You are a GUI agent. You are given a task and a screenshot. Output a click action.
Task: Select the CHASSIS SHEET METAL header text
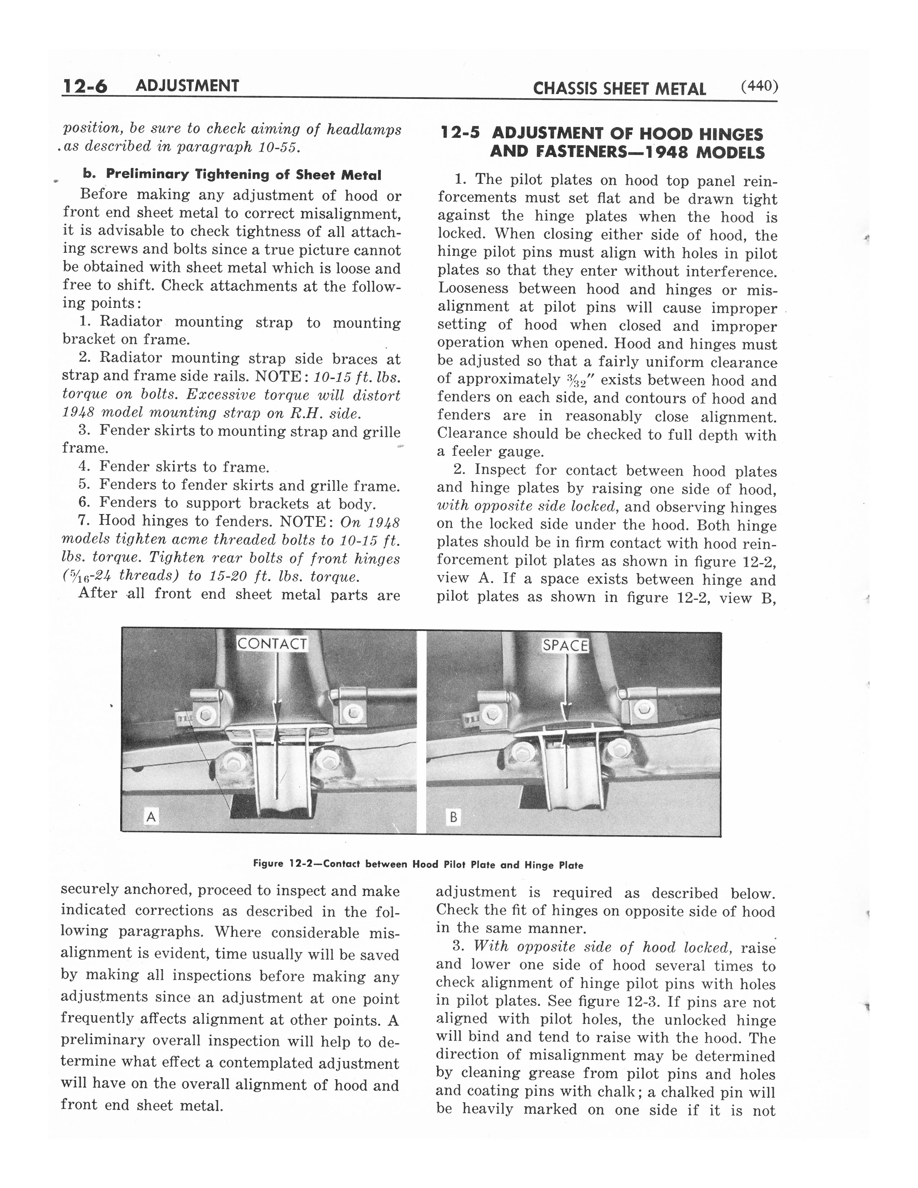(x=620, y=89)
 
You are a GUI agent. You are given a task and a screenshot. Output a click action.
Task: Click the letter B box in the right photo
(x=452, y=817)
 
